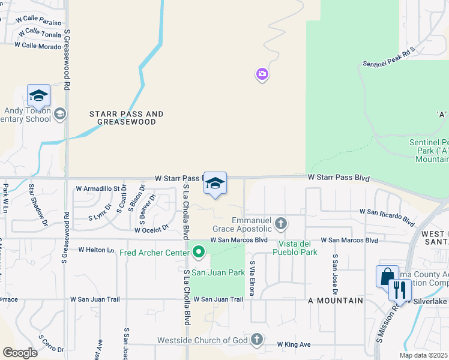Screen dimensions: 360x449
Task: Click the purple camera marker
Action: point(262,74)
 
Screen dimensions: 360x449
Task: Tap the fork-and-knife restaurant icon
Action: point(399,290)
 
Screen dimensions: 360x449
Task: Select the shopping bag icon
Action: point(387,277)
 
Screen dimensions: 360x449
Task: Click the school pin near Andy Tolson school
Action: point(38,96)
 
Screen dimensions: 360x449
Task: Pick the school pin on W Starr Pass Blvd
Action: point(215,184)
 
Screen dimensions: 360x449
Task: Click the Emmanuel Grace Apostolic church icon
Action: point(280,224)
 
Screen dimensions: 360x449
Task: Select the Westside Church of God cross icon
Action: point(257,340)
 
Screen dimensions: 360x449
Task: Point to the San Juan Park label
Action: point(218,272)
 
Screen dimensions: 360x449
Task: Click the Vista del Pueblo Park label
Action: point(297,248)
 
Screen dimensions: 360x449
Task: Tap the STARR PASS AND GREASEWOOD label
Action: point(126,118)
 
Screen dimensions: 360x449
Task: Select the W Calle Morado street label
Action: point(38,46)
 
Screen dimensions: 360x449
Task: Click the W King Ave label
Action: point(294,344)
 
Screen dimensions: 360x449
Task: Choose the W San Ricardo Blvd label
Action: point(387,216)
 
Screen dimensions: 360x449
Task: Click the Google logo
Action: point(20,353)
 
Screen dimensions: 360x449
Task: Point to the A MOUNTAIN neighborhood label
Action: point(336,300)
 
